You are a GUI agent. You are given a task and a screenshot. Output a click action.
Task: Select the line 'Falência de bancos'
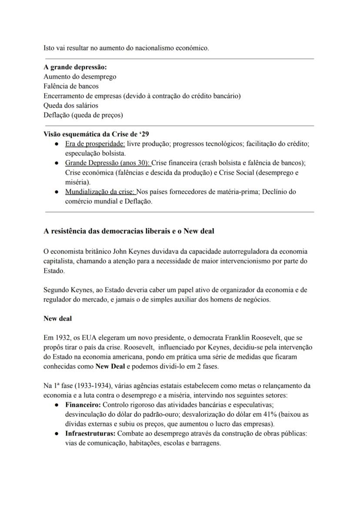71,86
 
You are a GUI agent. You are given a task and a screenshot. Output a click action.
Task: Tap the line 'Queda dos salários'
70,105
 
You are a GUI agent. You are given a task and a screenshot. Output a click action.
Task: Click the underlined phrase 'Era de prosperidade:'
95,143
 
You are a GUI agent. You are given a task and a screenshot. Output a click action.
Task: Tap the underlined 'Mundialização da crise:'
100,191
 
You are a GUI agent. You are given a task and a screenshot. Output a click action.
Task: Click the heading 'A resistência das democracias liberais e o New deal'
129,231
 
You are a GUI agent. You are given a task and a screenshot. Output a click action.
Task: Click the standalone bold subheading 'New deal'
57,319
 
